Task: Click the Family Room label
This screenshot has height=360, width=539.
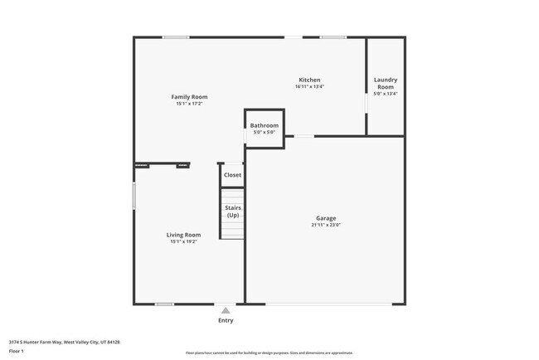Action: click(189, 97)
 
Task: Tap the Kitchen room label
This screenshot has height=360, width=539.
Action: click(309, 80)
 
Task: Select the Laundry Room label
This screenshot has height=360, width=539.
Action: click(386, 84)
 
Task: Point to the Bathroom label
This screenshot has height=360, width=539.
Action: click(265, 125)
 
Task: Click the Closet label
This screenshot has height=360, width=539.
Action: click(233, 175)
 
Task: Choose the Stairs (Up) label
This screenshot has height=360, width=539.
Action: click(233, 211)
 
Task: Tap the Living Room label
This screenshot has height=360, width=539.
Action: click(184, 235)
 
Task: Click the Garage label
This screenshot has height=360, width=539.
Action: click(326, 218)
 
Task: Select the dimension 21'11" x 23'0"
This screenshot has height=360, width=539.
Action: click(326, 225)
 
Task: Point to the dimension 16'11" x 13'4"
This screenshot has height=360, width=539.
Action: click(309, 87)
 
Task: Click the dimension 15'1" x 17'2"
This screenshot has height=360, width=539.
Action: click(189, 104)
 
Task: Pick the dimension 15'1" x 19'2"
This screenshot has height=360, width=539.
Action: click(184, 241)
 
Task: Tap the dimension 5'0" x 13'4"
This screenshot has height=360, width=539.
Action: click(386, 94)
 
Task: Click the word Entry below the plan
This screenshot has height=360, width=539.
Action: click(226, 320)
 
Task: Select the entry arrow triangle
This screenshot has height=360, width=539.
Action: click(225, 310)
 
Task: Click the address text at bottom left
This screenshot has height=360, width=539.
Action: click(65, 342)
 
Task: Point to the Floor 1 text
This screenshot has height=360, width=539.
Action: click(17, 352)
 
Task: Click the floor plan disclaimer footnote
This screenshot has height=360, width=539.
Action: click(269, 353)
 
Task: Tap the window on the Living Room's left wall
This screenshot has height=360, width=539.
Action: click(134, 196)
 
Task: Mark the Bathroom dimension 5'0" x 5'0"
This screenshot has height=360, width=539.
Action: click(265, 132)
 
